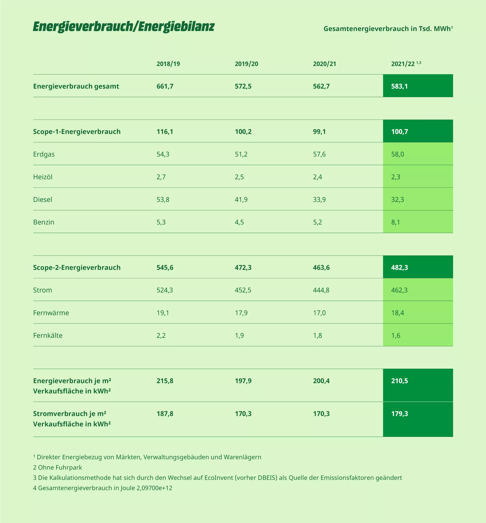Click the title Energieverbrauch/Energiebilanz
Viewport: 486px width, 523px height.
tap(124, 27)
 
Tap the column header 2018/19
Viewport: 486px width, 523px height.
tap(168, 64)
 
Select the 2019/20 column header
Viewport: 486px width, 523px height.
tap(247, 64)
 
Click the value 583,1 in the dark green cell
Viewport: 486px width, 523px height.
tap(399, 86)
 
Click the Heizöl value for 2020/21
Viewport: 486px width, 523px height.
tap(317, 177)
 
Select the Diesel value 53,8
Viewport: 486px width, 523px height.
tap(163, 199)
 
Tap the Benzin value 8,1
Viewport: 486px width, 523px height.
tap(396, 222)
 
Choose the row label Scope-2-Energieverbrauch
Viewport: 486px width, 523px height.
tap(77, 267)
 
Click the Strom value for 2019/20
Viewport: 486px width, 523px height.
tap(243, 290)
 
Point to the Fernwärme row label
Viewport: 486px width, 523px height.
tap(51, 313)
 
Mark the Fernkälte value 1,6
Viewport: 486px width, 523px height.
tap(396, 335)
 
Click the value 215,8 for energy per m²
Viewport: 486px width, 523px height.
tap(165, 381)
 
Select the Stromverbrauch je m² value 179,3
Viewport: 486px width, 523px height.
tap(399, 414)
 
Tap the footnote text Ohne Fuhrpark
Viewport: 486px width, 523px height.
tap(60, 467)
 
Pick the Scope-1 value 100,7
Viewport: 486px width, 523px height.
tap(399, 131)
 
